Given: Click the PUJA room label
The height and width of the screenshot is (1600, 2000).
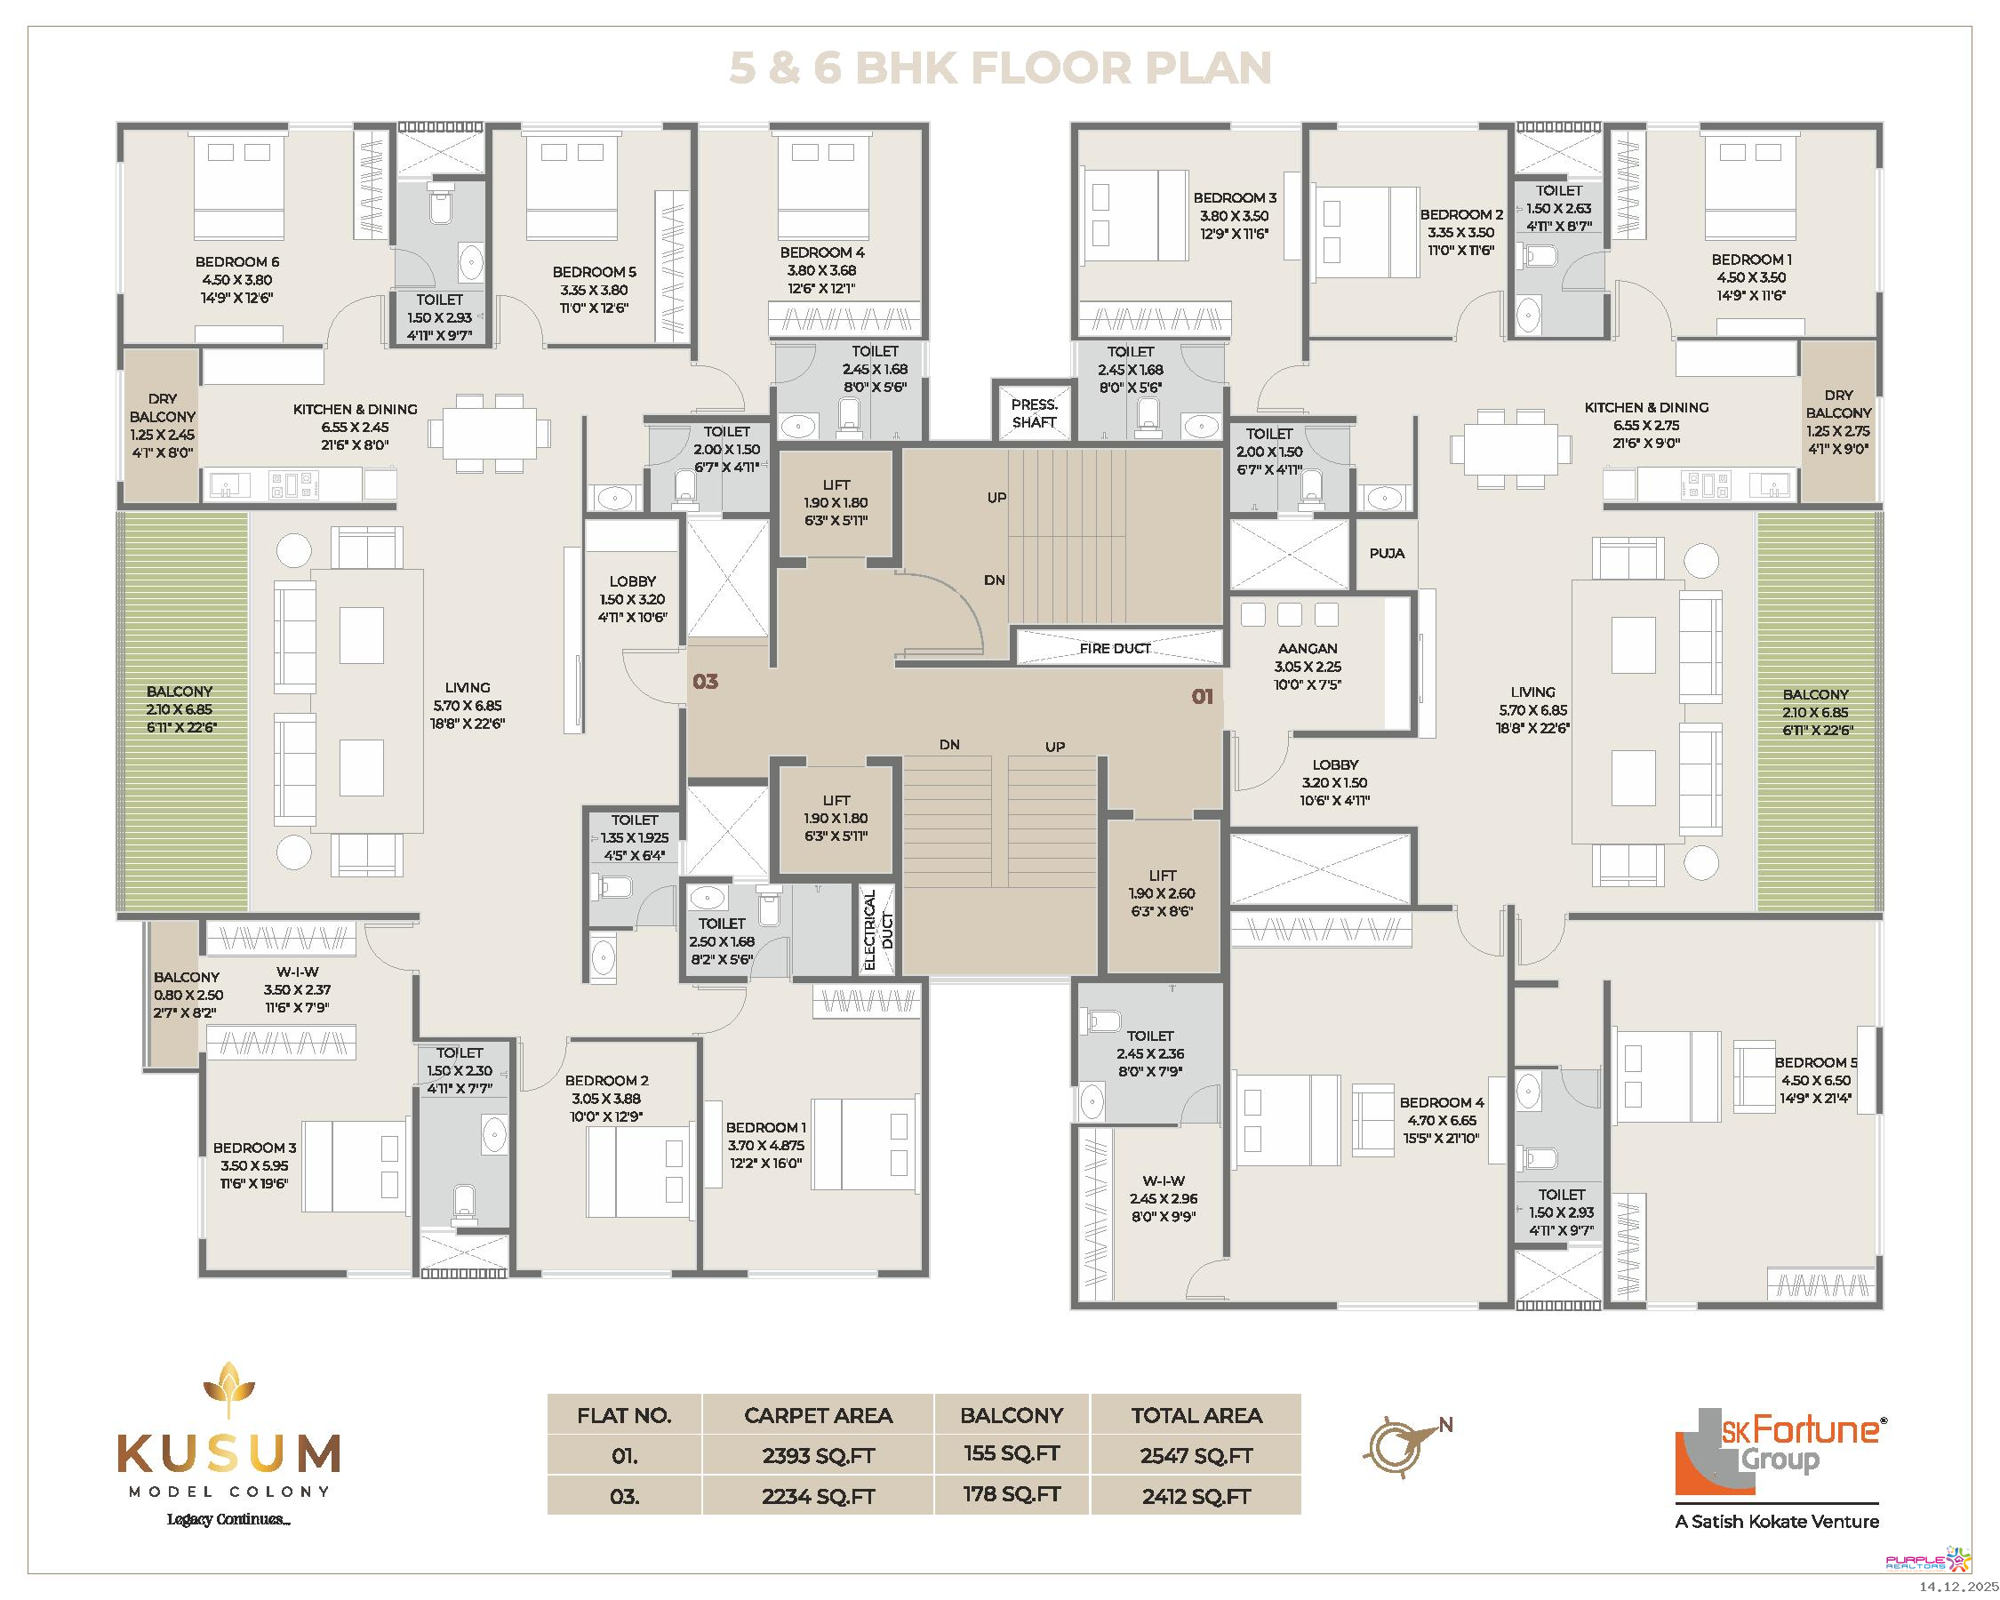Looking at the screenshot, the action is pyautogui.click(x=1387, y=554).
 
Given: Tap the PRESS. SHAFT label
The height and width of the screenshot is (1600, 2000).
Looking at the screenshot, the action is pyautogui.click(x=1035, y=413).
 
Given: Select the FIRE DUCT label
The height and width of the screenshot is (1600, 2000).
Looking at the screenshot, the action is pyautogui.click(x=1115, y=648).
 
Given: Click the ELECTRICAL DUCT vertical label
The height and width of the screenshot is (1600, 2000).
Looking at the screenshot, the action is pyautogui.click(x=877, y=930).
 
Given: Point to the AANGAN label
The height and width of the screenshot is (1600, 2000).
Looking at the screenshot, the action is pyautogui.click(x=1307, y=648).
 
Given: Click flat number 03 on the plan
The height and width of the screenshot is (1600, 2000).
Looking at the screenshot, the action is pyautogui.click(x=705, y=682).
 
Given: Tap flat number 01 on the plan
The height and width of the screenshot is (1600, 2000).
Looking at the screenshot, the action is pyautogui.click(x=1203, y=697).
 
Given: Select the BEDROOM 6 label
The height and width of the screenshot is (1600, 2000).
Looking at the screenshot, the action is pyautogui.click(x=236, y=262).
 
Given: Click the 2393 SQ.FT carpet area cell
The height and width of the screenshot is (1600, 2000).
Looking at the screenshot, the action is pyautogui.click(x=818, y=1455).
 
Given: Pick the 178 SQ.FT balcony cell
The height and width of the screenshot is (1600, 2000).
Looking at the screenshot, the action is pyautogui.click(x=1012, y=1494).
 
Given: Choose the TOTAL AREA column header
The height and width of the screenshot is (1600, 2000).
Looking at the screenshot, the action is pyautogui.click(x=1196, y=1415).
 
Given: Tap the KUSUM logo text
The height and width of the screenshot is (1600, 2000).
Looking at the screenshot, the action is pyautogui.click(x=228, y=1454).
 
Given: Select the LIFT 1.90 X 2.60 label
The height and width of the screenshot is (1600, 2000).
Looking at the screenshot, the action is pyautogui.click(x=1163, y=893).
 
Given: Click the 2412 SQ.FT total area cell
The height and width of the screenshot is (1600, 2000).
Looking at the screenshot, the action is pyautogui.click(x=1196, y=1496).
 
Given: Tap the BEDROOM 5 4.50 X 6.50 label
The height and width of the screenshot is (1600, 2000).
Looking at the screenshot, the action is pyautogui.click(x=1815, y=1081).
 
